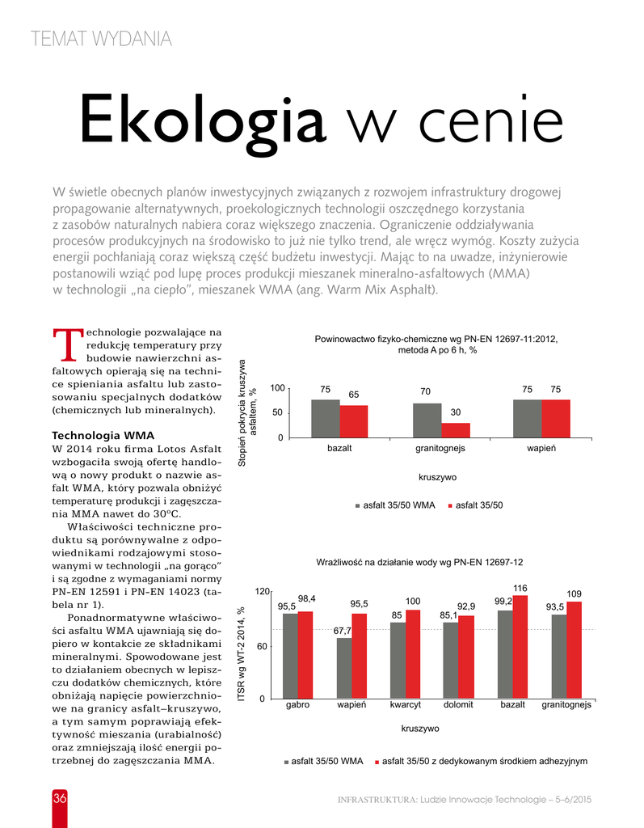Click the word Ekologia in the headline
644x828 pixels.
tap(202, 121)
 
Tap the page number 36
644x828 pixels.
tap(60, 798)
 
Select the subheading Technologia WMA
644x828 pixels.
tap(103, 435)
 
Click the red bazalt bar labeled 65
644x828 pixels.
tap(354, 421)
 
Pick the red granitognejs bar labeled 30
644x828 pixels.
tap(455, 430)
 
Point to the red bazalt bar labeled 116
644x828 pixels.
tap(520, 647)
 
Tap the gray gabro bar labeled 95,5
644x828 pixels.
tap(290, 656)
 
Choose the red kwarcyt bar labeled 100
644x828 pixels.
tap(413, 654)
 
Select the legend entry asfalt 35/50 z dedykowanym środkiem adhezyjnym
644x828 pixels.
tap(482, 761)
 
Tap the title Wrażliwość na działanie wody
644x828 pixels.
tap(419, 561)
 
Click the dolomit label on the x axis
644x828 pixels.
tap(458, 705)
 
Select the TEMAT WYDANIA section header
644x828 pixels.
tap(100, 38)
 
